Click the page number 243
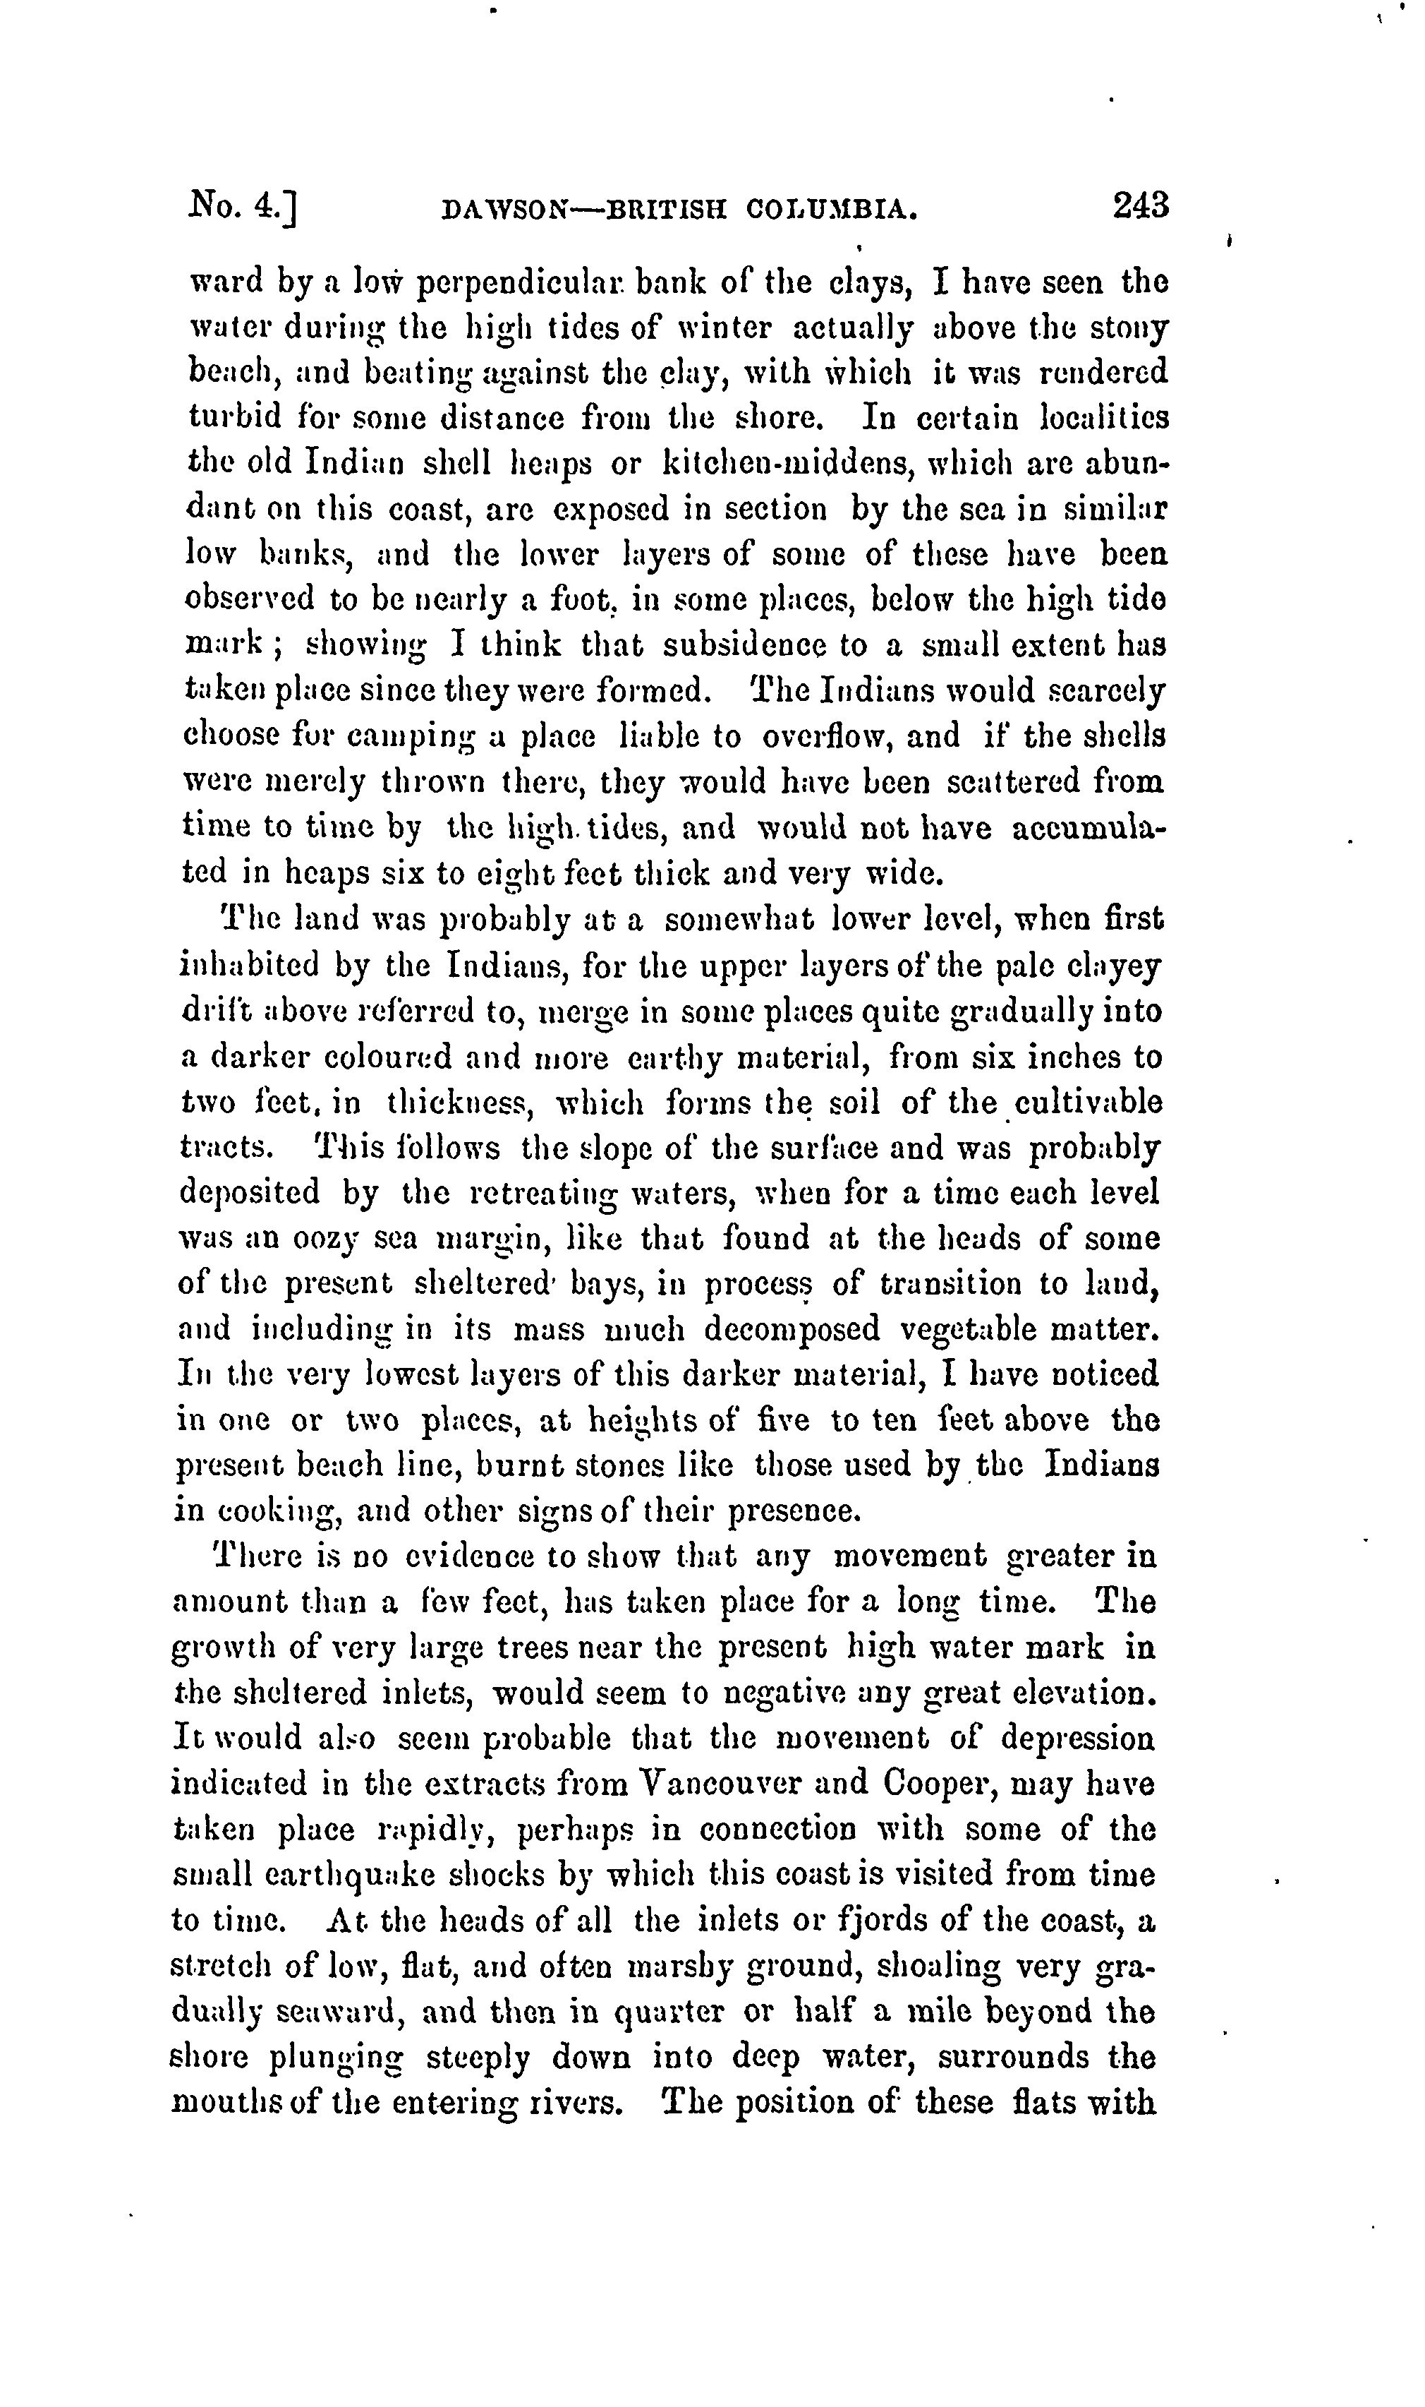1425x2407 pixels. click(x=1141, y=205)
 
